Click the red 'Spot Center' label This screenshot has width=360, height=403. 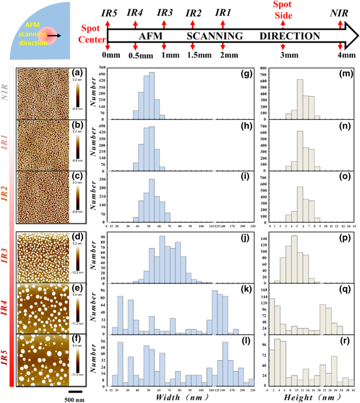(x=92, y=33)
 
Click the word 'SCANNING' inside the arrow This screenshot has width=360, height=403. (x=214, y=36)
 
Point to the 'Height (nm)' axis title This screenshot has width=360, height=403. (x=308, y=398)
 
